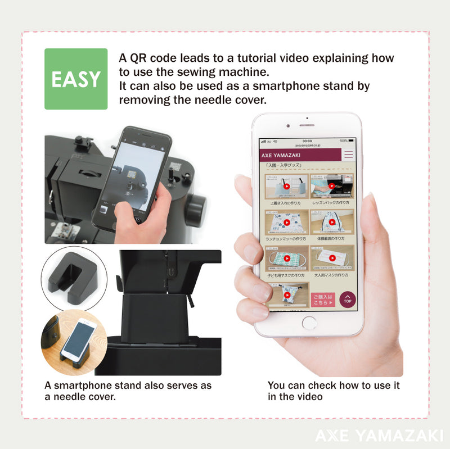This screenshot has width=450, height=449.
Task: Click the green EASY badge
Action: click(x=76, y=79)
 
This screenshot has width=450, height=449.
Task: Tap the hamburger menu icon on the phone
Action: click(x=349, y=155)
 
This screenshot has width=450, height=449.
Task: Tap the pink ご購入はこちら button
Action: click(x=323, y=300)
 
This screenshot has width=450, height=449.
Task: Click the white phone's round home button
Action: click(x=309, y=323)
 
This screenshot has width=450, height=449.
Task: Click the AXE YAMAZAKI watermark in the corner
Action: click(x=379, y=435)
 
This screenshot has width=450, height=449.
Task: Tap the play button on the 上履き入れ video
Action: click(x=286, y=186)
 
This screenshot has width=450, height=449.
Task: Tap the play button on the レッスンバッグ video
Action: click(x=332, y=186)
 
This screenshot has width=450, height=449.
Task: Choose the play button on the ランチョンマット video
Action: click(x=286, y=222)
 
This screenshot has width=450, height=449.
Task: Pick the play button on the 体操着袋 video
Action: click(x=332, y=222)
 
